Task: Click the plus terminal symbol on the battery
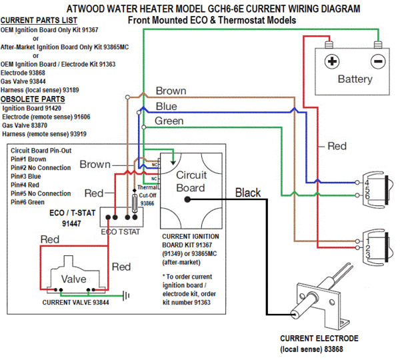tap(331, 61)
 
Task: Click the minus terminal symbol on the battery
tap(377, 61)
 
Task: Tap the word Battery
tap(355, 79)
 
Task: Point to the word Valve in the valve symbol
tap(73, 279)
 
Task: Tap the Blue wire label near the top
tap(166, 106)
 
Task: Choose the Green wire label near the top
tap(169, 121)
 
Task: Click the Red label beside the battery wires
tap(337, 146)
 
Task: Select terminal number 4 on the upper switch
tap(366, 182)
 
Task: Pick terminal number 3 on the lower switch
tap(366, 255)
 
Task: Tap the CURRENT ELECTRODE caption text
tap(319, 339)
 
